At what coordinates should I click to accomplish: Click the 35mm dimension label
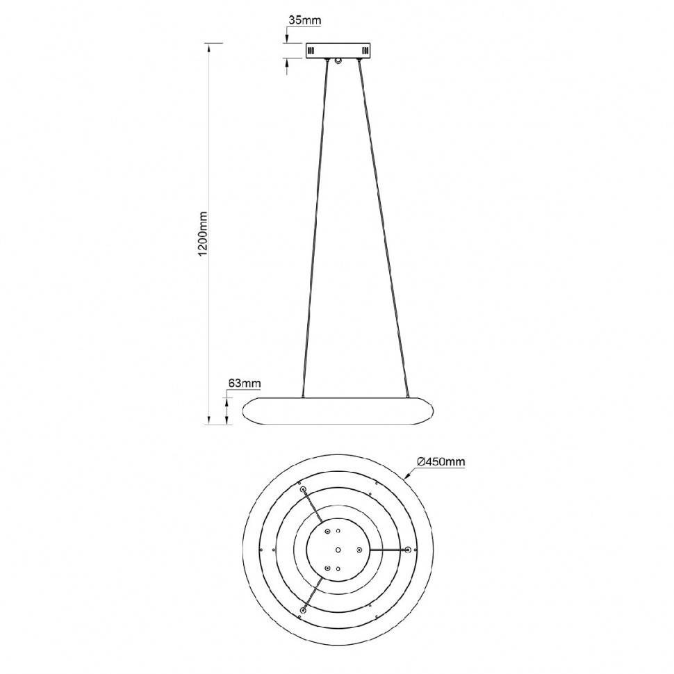304,20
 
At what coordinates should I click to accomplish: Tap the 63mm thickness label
244,383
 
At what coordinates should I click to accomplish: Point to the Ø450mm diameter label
441,461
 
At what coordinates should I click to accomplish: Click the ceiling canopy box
339,51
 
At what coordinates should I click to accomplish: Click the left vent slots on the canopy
312,51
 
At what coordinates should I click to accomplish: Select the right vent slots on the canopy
365,51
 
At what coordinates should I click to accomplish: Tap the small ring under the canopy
338,62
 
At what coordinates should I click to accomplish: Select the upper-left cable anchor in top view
304,490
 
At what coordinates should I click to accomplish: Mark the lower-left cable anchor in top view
303,609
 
